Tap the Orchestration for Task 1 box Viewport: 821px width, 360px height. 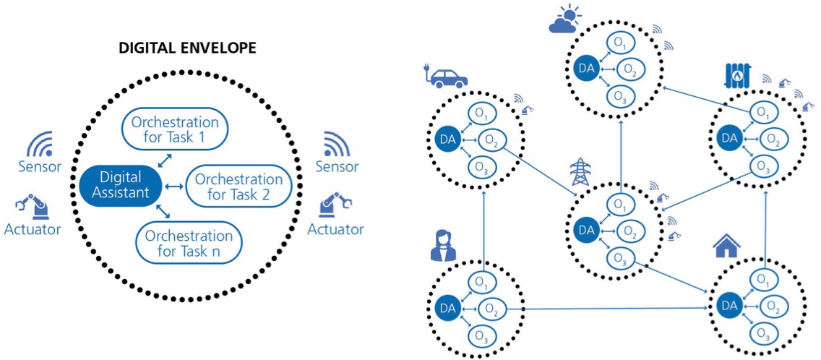(x=176, y=129)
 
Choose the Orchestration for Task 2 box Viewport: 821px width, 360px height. (x=238, y=187)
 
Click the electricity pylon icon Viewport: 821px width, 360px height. (x=581, y=172)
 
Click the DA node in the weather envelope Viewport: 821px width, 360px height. (x=585, y=69)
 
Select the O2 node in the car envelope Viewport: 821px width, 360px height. (x=491, y=140)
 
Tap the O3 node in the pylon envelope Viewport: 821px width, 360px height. (x=619, y=258)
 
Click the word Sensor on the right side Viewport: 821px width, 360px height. (x=337, y=167)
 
